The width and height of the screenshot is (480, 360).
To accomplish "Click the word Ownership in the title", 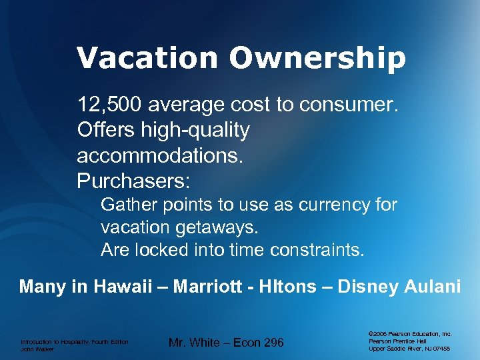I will (317, 58).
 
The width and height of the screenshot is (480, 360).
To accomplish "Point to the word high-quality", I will (194, 130).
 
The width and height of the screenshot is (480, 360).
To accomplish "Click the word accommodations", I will (161, 155).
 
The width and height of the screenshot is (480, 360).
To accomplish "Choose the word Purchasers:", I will (134, 181).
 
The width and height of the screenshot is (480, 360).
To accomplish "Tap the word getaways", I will (216, 227).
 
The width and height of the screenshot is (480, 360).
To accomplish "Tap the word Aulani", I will (435, 287).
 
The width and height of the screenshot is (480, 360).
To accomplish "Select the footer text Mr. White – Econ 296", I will (226, 343).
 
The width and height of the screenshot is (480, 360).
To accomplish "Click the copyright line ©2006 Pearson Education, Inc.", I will (410, 333).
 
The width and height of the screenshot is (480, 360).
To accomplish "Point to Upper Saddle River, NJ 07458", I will (409, 349).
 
